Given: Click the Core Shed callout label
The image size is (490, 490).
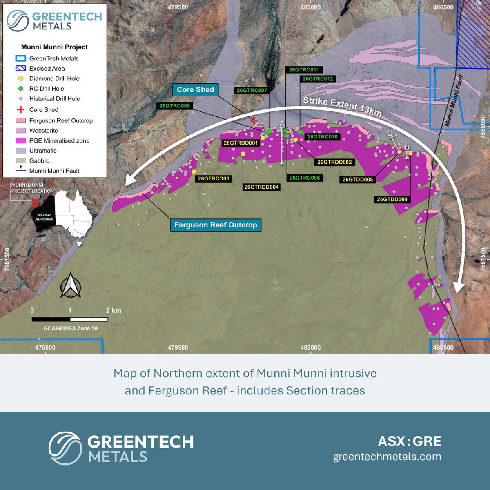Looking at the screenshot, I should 195,90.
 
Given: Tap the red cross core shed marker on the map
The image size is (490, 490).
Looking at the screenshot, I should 254,120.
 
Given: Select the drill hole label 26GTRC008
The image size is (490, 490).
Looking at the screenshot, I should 175,106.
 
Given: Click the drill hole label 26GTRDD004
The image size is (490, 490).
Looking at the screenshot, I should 261,187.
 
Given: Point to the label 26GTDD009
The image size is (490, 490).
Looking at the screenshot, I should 392,200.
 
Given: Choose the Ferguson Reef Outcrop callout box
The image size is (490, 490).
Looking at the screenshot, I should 216,225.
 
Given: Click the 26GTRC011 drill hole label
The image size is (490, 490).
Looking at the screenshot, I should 304,70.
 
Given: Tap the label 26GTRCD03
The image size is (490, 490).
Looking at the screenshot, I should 214,178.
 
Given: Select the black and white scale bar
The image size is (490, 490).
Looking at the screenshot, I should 70,319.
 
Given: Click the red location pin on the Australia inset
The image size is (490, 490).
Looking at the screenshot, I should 36,203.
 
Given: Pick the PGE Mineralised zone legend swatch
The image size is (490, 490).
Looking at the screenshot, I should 21,140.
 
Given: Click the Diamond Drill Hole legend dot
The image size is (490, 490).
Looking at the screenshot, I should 21,78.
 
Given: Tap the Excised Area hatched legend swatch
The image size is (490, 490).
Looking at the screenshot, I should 21,69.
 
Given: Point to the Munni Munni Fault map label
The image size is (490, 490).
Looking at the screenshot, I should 454,100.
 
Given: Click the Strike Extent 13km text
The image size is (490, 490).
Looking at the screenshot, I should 342,106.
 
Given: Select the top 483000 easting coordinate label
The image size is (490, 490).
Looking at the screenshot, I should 310,7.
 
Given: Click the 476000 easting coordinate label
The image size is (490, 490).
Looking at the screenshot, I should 45,348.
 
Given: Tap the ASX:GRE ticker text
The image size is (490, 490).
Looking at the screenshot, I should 410,441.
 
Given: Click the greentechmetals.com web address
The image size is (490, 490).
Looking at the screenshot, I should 387,457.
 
